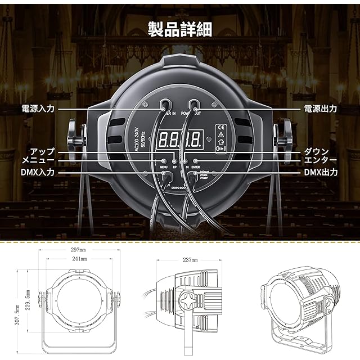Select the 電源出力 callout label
[321, 109]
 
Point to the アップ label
[42, 151]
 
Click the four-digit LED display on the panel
[180, 137]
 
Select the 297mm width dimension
[79, 249]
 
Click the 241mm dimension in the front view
[79, 258]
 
